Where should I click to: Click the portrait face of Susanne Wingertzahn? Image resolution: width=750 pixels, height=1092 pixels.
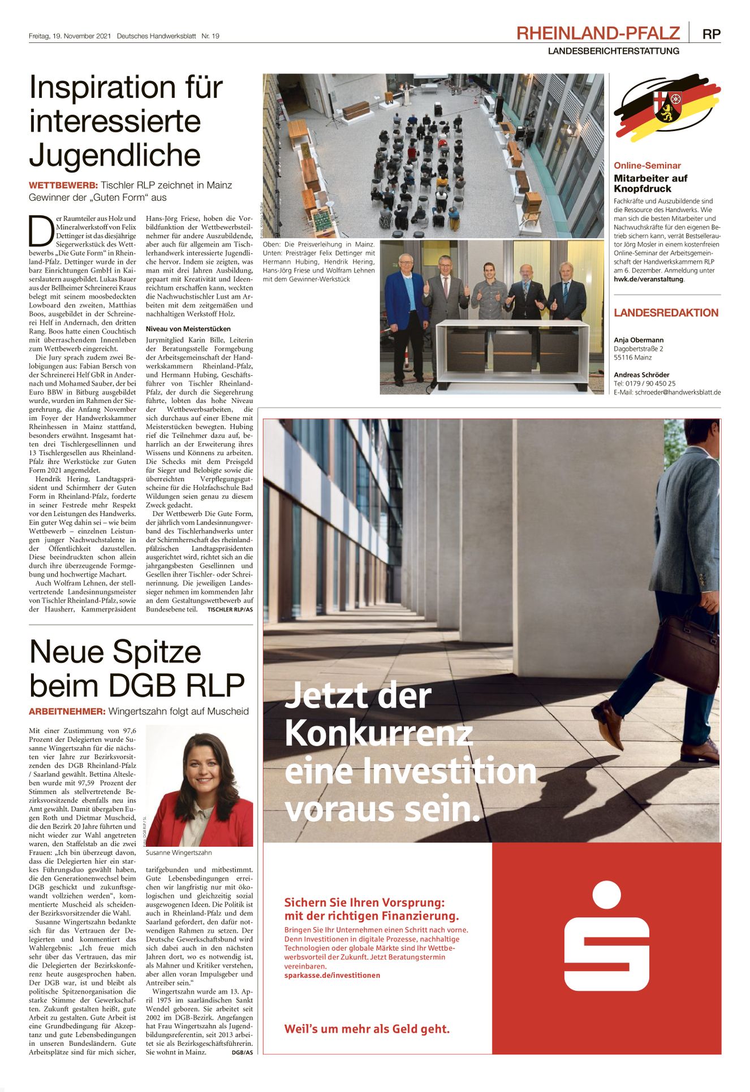coord(200,772)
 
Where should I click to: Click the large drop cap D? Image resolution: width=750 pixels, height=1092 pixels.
coord(41,231)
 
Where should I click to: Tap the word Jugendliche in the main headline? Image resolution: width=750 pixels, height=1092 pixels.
coord(115,155)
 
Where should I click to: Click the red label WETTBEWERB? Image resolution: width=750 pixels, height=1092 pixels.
coord(63,185)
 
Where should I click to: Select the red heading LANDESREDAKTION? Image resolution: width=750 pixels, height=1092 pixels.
coord(666,313)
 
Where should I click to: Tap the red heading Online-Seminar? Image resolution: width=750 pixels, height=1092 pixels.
coord(647,166)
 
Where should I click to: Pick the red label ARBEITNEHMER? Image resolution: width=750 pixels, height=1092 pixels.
coord(67,712)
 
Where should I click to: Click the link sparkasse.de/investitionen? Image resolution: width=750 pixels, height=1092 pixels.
coord(332,975)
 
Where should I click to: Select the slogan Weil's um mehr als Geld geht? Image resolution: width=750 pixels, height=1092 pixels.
coord(367,1029)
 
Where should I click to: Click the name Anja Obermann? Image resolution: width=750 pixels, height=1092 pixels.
coord(639,340)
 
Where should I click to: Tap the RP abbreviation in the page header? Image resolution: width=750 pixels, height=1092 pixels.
coord(711,34)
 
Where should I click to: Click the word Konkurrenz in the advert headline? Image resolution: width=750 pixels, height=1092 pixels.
coord(378,734)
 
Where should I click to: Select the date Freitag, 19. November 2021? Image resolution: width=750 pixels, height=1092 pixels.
coord(70,36)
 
